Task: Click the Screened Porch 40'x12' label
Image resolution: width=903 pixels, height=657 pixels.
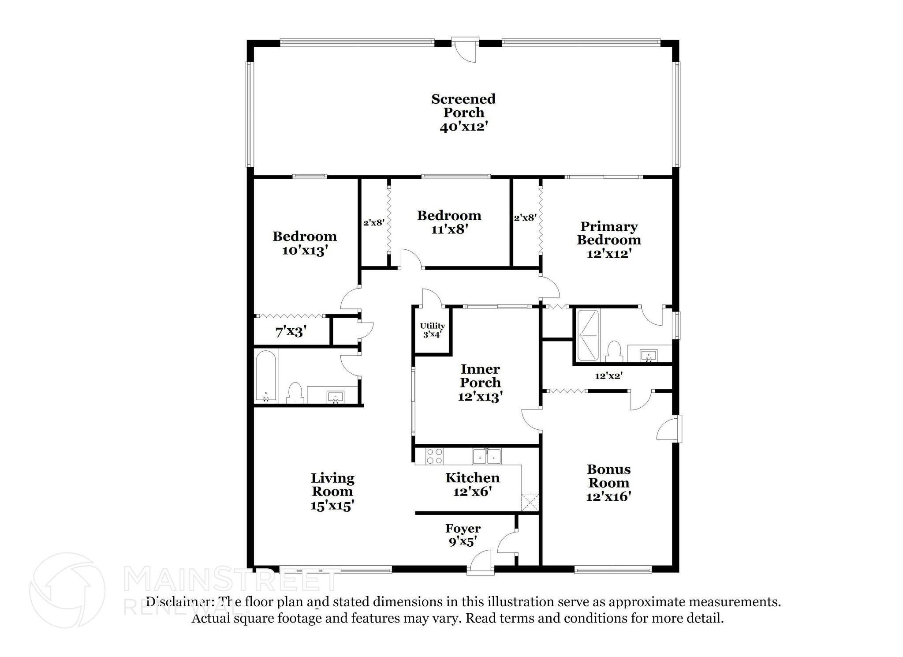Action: coord(463,113)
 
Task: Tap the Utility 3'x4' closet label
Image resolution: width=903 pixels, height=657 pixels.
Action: coord(432,330)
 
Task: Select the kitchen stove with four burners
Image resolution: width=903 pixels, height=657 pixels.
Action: coord(434,456)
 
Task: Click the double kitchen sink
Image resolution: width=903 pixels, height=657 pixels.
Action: coord(487,456)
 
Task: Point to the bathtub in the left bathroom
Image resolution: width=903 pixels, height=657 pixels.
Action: coord(266,376)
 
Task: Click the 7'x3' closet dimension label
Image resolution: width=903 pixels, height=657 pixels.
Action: coord(291,331)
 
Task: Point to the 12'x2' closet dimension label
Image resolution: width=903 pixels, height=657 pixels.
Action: coord(608,376)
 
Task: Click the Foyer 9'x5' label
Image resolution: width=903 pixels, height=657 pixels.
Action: coord(463,535)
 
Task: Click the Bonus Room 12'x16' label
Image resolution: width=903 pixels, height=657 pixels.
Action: coord(608,483)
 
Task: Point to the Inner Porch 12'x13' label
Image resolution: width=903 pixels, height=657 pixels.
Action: coord(480,383)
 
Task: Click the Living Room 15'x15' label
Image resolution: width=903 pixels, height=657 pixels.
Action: coord(332,492)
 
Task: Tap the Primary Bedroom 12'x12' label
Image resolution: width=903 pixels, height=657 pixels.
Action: coord(609,240)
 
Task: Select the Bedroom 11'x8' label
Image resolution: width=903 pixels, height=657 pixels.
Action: coord(449,222)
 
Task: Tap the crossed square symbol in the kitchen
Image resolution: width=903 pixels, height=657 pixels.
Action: coord(530,502)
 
